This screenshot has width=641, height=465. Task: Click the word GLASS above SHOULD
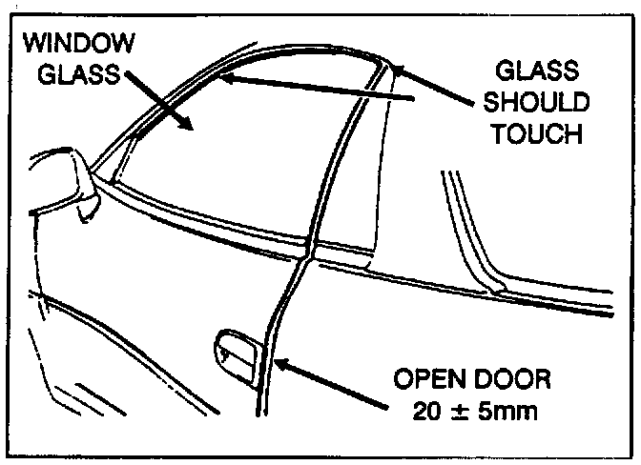pyautogui.click(x=530, y=70)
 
